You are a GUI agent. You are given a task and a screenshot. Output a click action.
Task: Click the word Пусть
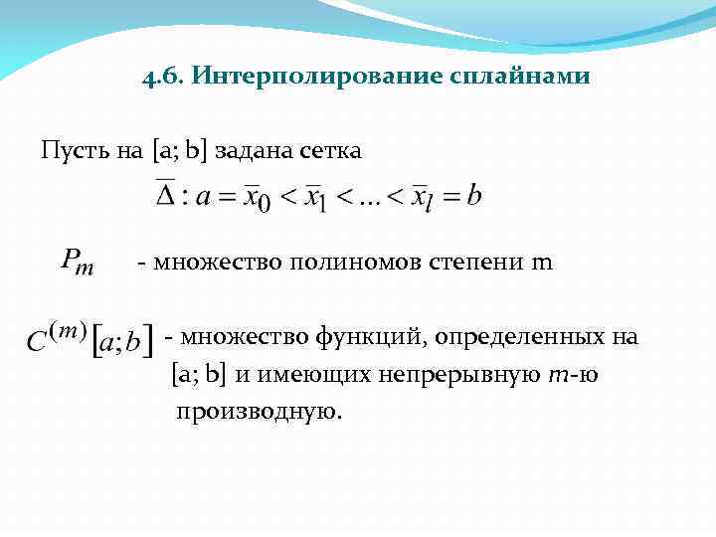[73, 151]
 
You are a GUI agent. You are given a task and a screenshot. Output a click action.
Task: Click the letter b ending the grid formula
[474, 194]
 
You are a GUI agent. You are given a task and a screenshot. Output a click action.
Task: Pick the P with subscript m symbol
[78, 263]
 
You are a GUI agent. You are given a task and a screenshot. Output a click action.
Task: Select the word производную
[259, 411]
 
